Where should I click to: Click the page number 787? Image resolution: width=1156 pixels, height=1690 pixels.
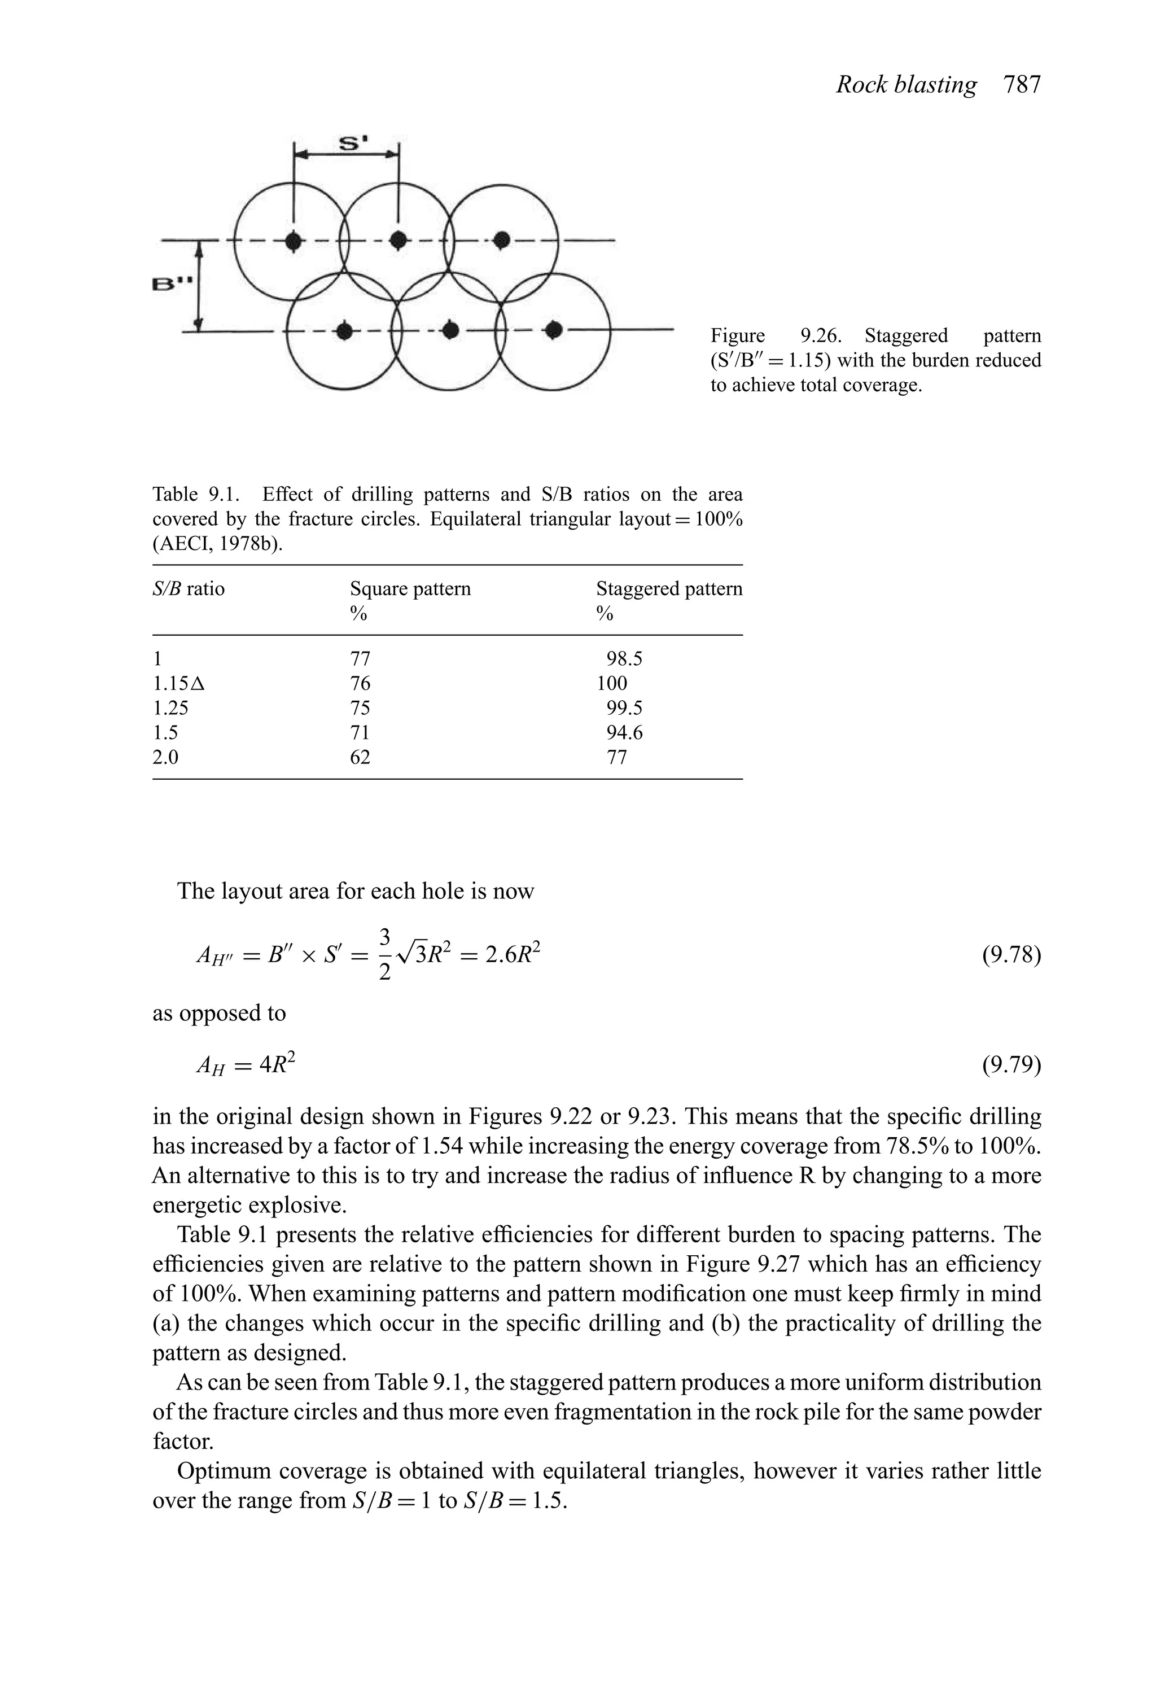[1022, 85]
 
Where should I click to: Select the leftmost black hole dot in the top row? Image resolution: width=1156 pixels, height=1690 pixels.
[293, 241]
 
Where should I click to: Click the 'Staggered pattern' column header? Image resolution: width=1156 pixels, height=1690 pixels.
[669, 588]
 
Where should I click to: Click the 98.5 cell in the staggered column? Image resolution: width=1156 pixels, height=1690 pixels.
[624, 659]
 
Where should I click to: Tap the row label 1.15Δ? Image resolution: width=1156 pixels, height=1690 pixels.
[179, 684]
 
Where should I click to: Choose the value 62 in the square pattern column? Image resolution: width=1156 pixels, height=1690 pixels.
[360, 758]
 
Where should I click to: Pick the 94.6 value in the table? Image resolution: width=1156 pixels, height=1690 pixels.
[624, 733]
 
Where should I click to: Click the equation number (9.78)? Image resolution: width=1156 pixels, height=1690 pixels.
[1011, 955]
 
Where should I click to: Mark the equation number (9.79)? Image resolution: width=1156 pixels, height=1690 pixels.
[1011, 1065]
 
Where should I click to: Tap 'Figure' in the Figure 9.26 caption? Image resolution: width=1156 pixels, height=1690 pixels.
[737, 336]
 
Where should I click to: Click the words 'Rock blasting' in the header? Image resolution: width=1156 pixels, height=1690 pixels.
[906, 85]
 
